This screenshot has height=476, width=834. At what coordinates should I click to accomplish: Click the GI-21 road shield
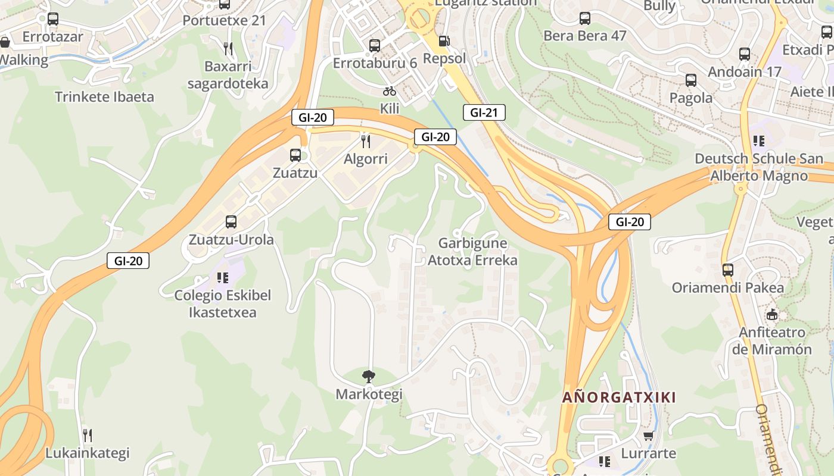[484, 112]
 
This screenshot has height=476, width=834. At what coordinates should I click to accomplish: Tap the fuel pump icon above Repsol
[444, 40]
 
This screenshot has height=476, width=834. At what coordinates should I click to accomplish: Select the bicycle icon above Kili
[390, 91]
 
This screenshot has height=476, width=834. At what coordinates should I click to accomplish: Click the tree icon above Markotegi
[369, 376]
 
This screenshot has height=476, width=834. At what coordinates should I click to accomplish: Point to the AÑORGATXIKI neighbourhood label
[620, 397]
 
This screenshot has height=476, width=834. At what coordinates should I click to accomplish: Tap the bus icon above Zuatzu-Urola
[231, 222]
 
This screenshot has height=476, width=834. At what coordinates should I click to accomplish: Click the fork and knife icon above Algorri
[366, 141]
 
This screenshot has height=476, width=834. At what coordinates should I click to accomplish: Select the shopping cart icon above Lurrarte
[649, 436]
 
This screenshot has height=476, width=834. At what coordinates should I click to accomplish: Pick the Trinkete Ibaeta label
[104, 97]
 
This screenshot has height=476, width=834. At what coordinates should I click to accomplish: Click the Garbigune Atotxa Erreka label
[472, 252]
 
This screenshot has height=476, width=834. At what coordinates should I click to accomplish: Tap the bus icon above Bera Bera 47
[584, 18]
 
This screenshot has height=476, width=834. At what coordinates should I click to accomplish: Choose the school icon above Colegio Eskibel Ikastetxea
[223, 277]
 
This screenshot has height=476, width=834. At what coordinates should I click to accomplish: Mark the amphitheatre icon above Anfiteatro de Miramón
[772, 314]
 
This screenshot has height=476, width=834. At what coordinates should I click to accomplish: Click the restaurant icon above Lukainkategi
[87, 435]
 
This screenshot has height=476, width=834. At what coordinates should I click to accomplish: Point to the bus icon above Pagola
[691, 80]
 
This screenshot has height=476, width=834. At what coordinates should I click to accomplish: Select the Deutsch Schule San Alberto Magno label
[759, 167]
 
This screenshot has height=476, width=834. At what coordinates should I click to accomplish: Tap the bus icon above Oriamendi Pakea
[728, 270]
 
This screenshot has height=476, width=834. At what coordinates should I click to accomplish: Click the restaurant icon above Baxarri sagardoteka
[228, 48]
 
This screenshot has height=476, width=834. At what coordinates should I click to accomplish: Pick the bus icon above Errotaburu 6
[375, 45]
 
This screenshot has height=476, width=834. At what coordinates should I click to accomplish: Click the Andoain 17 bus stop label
[744, 72]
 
